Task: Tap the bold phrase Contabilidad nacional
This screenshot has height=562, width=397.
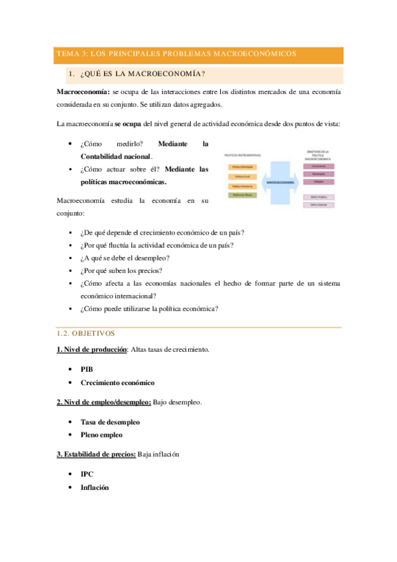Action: (x=115, y=156)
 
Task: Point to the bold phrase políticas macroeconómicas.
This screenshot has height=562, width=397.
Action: (x=123, y=182)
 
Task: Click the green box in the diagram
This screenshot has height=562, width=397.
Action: (x=242, y=195)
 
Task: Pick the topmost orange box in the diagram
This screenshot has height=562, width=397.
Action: (x=242, y=168)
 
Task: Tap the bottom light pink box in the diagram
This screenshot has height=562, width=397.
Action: (x=319, y=205)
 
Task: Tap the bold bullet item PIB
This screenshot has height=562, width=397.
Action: (x=86, y=368)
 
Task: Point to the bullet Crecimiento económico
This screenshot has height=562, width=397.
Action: (x=117, y=382)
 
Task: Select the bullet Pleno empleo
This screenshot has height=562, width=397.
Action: (x=101, y=435)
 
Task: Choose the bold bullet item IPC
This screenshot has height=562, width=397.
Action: (x=86, y=475)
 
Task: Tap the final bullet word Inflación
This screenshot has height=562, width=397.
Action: (x=95, y=488)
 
